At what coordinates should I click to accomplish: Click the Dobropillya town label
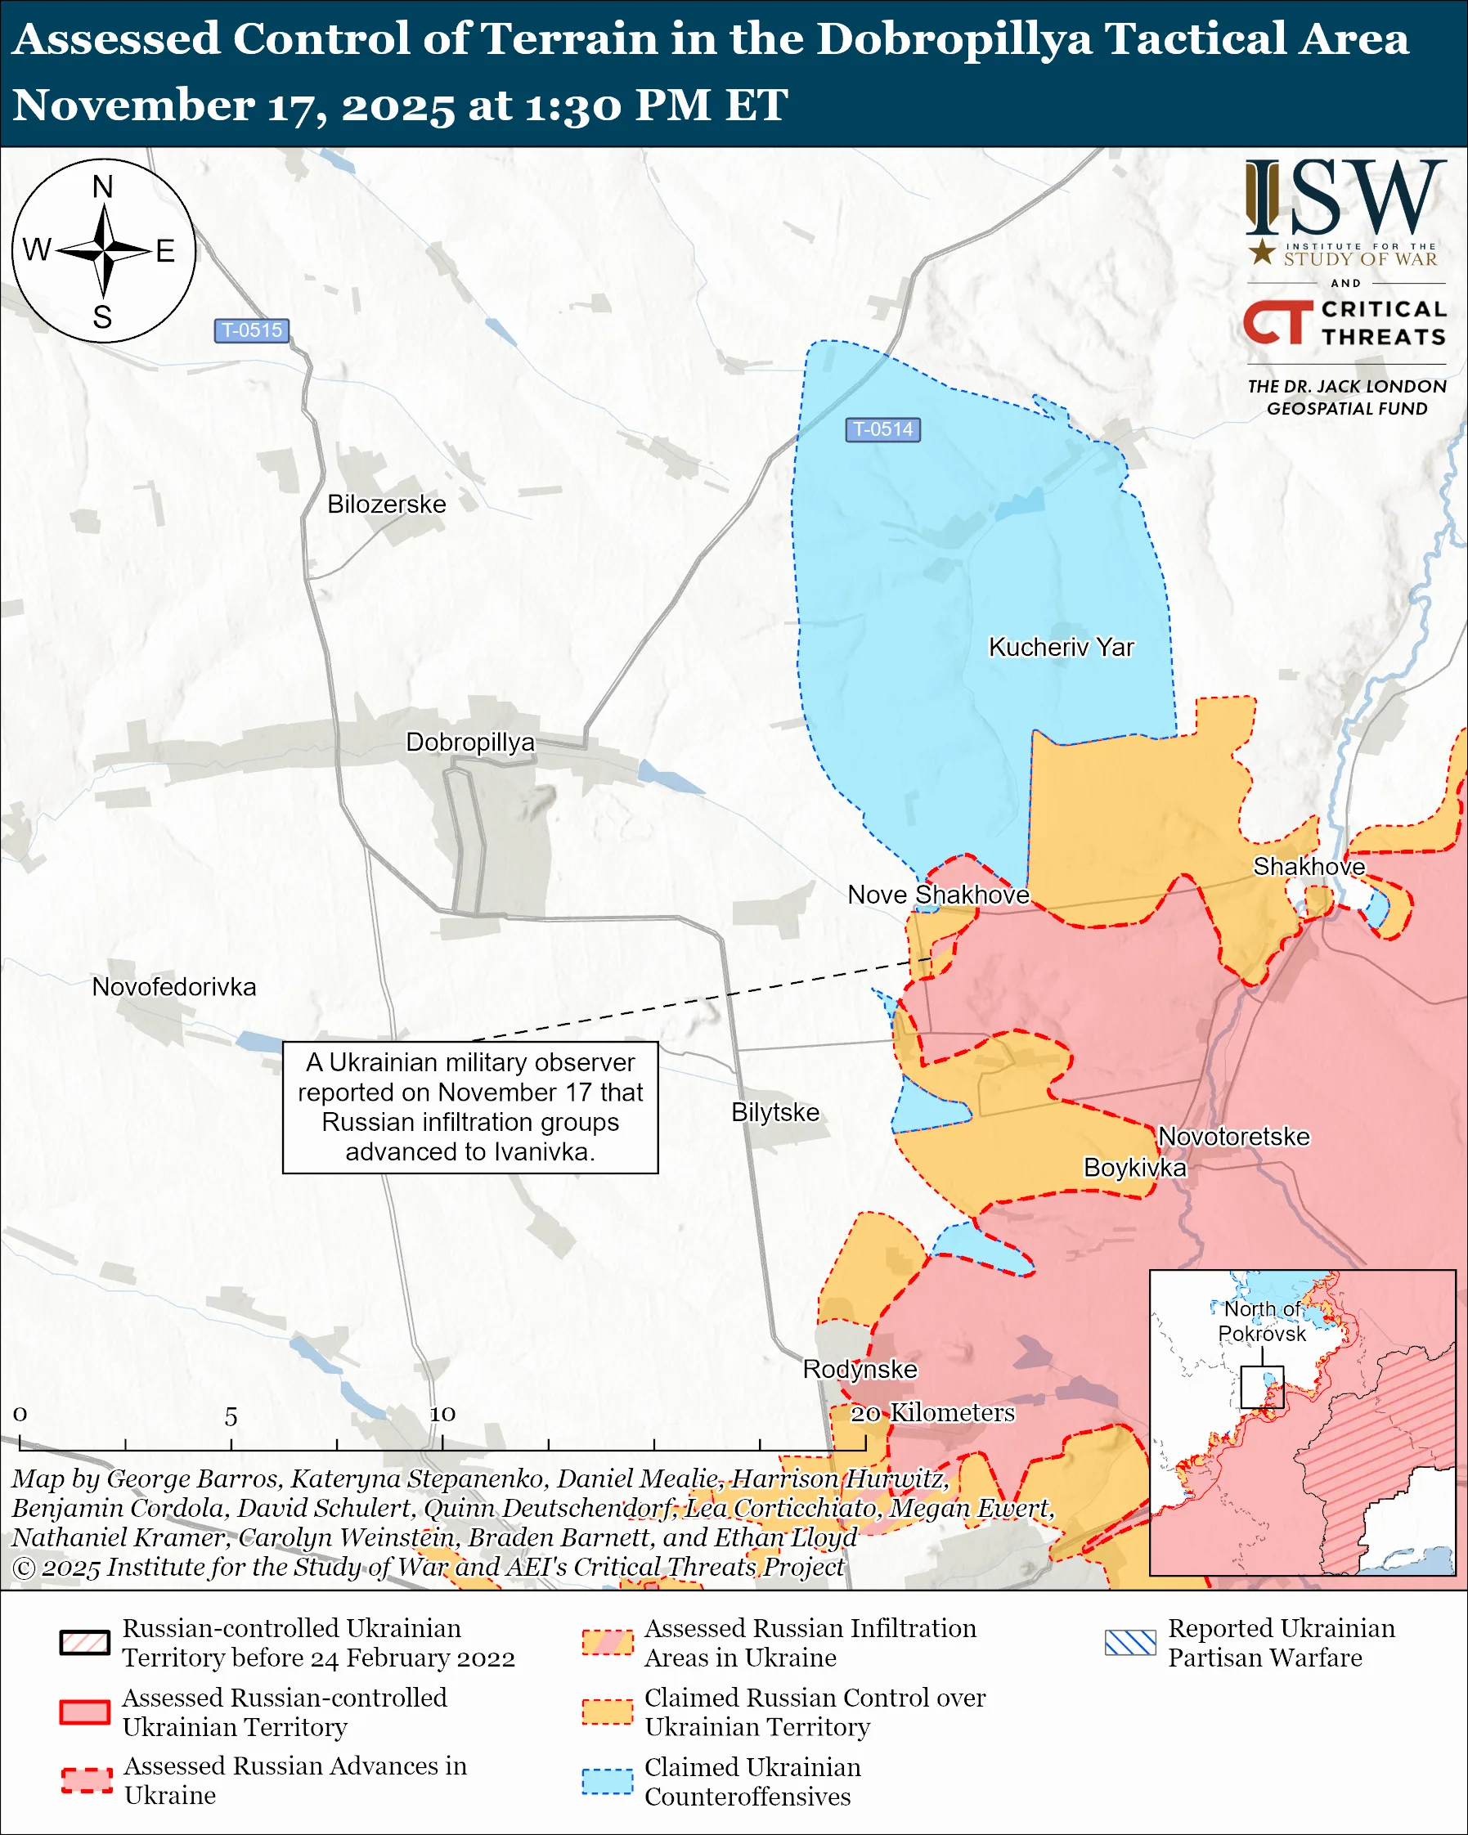pos(469,743)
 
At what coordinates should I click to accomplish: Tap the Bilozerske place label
pos(386,504)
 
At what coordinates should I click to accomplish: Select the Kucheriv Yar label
pos(1061,647)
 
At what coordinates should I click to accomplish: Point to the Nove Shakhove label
pos(938,895)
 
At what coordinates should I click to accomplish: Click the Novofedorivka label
pos(173,986)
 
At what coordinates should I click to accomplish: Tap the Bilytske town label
pos(774,1112)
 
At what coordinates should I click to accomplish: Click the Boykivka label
pos(1134,1167)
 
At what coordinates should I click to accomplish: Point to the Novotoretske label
pos(1233,1136)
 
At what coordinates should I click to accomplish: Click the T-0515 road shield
pos(251,330)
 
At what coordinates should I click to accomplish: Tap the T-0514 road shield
pos(882,429)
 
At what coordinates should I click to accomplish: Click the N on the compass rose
pos(103,187)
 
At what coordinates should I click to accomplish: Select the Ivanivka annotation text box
pos(469,1107)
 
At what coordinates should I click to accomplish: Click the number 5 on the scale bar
pos(231,1417)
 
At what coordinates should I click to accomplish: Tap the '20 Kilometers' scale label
pos(932,1413)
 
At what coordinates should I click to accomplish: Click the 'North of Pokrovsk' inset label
pos(1261,1321)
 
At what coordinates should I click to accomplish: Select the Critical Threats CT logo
pos(1277,321)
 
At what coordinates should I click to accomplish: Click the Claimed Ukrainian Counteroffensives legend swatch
pos(607,1781)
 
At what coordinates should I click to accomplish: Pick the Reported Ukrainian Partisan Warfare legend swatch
pos(1129,1643)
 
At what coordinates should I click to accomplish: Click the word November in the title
pos(132,105)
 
